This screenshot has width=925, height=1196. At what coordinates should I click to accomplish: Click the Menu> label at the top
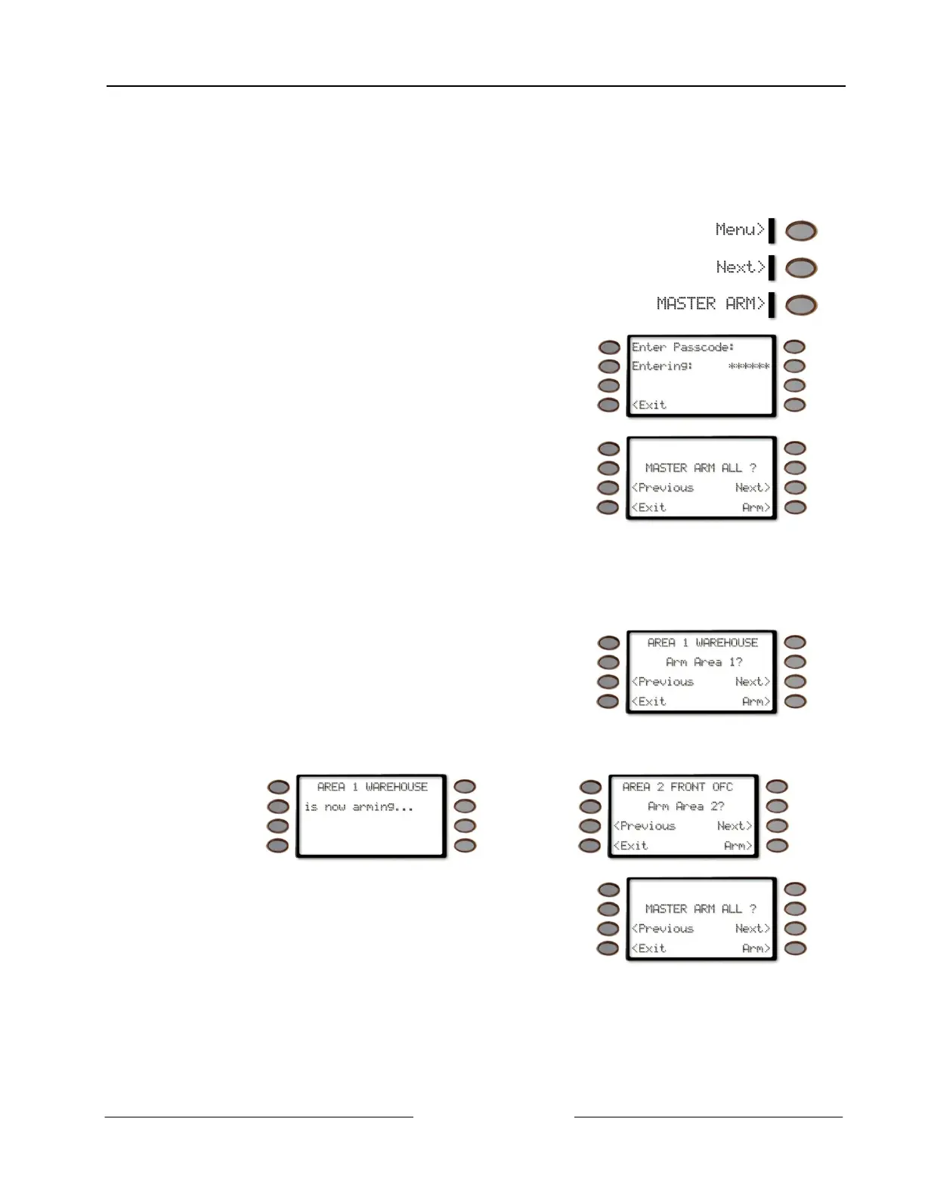pos(740,230)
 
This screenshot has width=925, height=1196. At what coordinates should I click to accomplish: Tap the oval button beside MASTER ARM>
pos(801,305)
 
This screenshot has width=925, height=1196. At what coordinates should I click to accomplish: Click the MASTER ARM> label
pos(710,304)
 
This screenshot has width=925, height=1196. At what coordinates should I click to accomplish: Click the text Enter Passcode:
pos(682,347)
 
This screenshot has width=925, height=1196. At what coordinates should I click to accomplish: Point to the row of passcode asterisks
pos(748,367)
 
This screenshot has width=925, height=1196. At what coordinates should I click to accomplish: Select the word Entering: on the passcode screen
pos(662,366)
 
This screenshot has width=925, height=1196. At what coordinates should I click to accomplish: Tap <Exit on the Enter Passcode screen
pos(649,405)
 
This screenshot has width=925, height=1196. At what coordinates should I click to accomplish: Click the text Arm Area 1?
pos(704,662)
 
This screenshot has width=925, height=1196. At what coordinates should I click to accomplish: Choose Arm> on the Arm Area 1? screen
pos(756,701)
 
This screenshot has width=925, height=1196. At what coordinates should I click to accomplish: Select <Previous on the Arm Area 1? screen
pos(663,682)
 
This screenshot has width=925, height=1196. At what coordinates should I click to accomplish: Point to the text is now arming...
pos(358,807)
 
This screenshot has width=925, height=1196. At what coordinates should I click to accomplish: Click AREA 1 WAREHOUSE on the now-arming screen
pos(372,787)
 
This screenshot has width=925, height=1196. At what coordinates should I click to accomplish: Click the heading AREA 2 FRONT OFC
pos(677,787)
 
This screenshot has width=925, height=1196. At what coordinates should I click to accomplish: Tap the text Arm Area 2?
pos(685,806)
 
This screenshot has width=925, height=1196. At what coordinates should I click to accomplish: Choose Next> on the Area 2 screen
pos(734,826)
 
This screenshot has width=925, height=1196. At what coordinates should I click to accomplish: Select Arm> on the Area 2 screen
pos(738,846)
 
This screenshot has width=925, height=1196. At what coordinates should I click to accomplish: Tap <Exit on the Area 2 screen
pos(631,846)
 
